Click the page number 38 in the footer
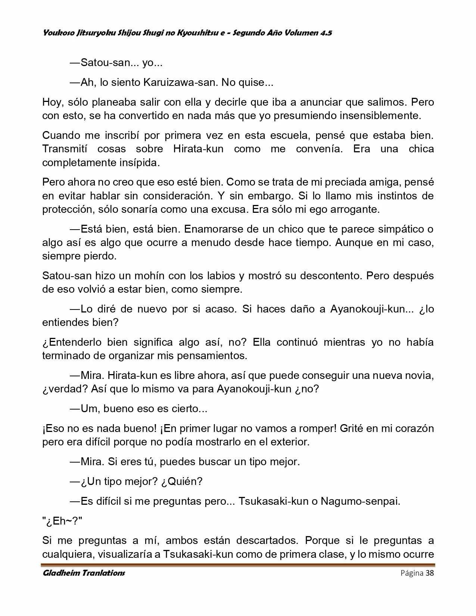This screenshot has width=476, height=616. click(429, 573)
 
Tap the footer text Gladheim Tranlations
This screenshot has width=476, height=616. click(84, 573)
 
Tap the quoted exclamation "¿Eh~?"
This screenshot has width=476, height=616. click(62, 521)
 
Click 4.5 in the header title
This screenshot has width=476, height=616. click(326, 33)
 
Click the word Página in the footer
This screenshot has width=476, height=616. click(412, 573)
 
